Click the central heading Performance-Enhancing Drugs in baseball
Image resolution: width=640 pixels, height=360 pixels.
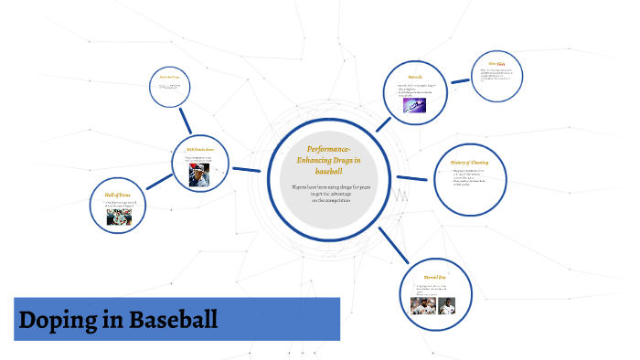[x=328, y=159]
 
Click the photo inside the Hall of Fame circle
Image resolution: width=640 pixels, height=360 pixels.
[x=119, y=217]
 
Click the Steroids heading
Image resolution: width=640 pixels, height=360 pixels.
[x=414, y=78]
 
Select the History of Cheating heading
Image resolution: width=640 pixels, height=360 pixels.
[x=475, y=162]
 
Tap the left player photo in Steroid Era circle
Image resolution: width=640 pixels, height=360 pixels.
[x=421, y=304]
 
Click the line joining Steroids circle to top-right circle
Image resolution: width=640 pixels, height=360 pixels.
[x=461, y=83]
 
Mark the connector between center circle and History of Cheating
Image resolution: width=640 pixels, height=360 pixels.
[x=415, y=177]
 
